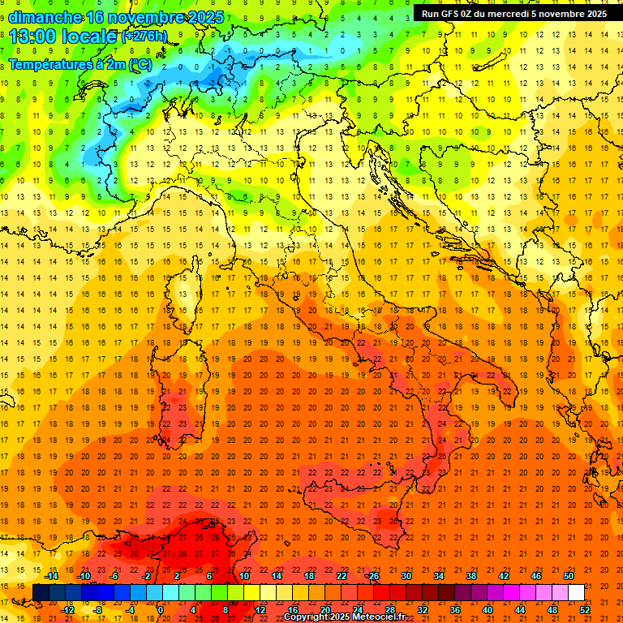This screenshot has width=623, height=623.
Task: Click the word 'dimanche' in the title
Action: click(x=45, y=17)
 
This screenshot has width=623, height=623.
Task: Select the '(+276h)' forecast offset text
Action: click(x=144, y=37)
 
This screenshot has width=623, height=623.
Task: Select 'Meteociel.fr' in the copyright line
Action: click(x=378, y=617)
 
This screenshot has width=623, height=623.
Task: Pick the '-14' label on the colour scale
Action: click(x=51, y=576)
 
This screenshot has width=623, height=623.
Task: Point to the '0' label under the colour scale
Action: click(x=161, y=609)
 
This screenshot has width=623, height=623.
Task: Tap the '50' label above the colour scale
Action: click(x=569, y=576)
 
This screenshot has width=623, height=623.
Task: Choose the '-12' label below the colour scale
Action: click(x=67, y=609)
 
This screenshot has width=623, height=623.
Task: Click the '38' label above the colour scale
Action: click(x=470, y=576)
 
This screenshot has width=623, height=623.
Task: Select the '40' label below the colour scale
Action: click(x=488, y=609)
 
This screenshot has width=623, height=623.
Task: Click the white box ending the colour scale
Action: click(x=576, y=592)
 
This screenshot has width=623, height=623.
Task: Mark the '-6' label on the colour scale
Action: click(x=114, y=576)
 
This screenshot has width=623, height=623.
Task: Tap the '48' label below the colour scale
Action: click(x=552, y=609)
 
